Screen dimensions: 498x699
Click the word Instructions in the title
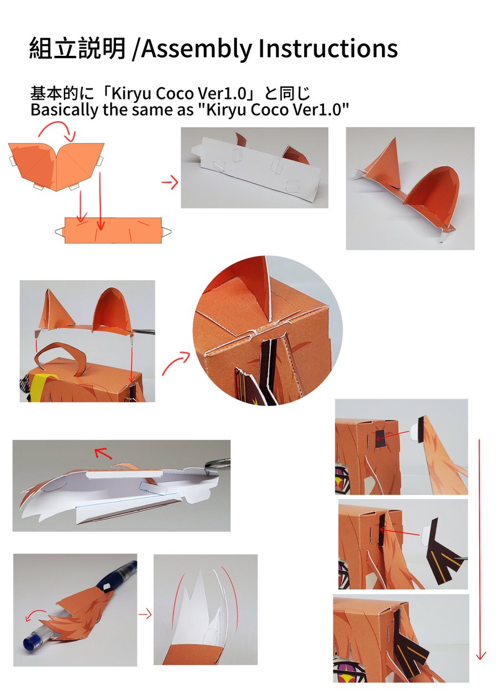pyautogui.click(x=328, y=48)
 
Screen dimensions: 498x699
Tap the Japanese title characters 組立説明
pyautogui.click(x=77, y=48)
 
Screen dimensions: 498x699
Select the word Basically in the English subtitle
pyautogui.click(x=64, y=110)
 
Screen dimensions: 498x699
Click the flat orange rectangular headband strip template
pyautogui.click(x=113, y=231)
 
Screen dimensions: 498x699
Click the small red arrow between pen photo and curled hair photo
pyautogui.click(x=145, y=615)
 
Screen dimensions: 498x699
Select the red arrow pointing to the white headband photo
pyautogui.click(x=169, y=182)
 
